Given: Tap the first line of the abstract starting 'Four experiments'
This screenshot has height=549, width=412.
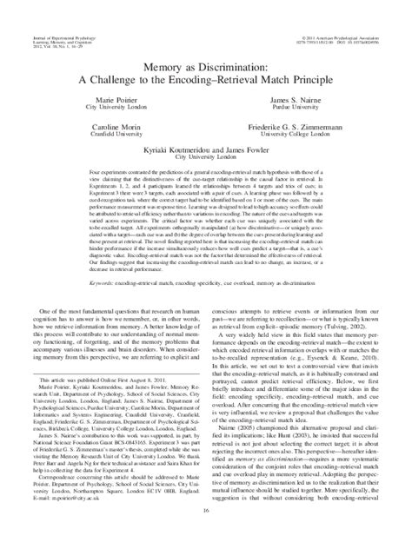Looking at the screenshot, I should coord(206,169).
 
